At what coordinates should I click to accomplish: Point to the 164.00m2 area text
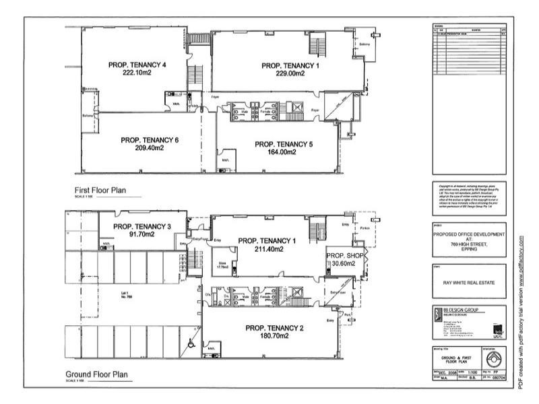tap(283, 152)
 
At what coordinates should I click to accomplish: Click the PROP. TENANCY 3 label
tap(142, 226)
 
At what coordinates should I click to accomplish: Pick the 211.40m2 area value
tap(267, 249)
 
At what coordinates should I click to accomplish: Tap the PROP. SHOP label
tap(345, 257)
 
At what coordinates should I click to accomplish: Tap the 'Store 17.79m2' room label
tap(222, 266)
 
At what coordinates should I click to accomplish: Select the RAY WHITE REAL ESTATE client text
tap(468, 282)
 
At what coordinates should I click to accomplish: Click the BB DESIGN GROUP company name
tap(460, 310)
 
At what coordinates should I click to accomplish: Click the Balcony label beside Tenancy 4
tap(87, 116)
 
